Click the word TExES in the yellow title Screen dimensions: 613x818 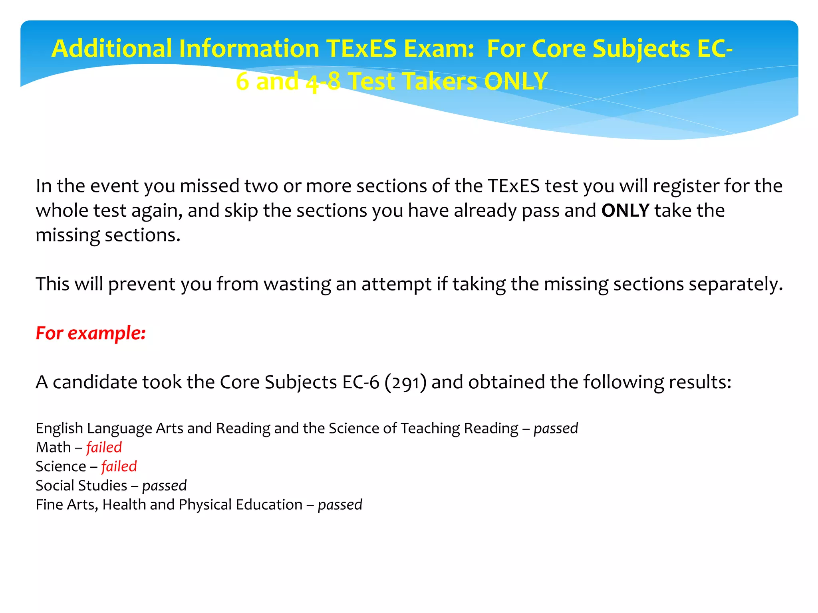[361, 49]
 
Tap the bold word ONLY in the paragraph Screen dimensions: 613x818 [625, 210]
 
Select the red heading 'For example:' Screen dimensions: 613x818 [91, 333]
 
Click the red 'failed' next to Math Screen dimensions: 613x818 [104, 447]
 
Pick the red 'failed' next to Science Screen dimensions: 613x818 [119, 467]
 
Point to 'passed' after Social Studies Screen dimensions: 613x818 [164, 486]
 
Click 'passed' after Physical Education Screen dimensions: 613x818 [340, 505]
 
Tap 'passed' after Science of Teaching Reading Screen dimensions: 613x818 [556, 429]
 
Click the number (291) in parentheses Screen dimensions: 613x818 [405, 382]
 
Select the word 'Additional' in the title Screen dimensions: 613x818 [111, 49]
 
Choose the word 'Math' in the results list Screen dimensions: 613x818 [53, 447]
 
